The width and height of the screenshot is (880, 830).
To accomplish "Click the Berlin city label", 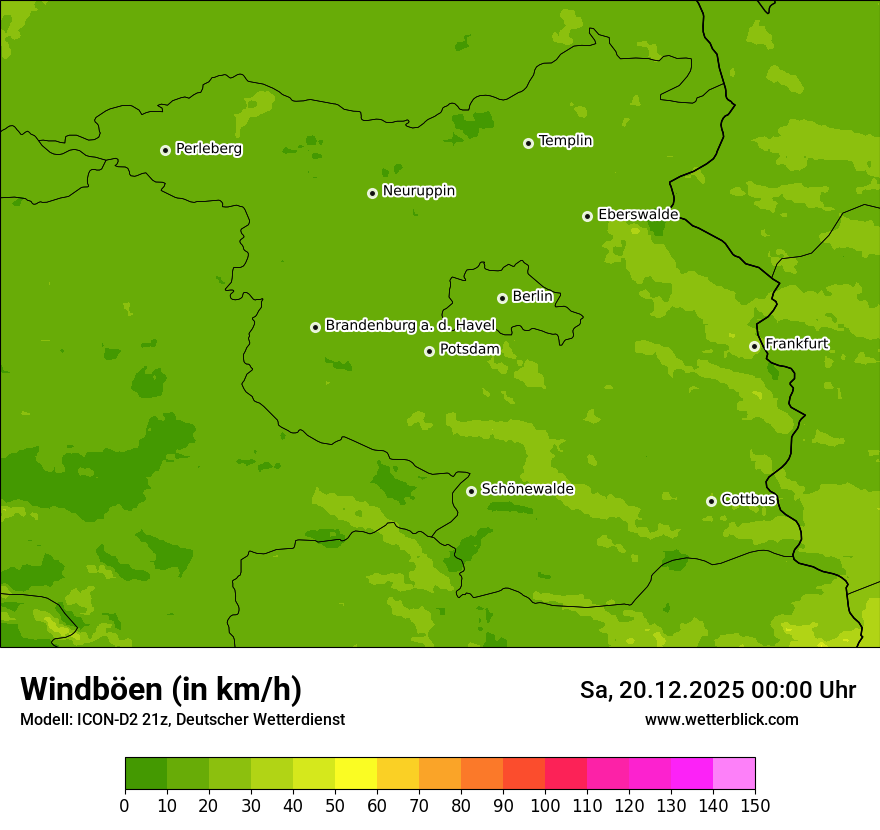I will click(532, 296).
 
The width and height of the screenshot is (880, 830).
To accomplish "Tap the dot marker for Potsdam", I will click(429, 351).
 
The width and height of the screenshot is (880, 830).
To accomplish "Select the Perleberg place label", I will click(208, 149).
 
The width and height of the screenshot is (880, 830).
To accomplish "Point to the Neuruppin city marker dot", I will click(372, 193).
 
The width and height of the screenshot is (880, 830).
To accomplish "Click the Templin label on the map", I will click(565, 141).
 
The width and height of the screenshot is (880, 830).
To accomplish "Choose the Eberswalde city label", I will click(638, 214).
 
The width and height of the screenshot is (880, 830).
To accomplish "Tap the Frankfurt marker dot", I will click(754, 346).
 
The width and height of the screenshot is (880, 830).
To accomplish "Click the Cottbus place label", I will click(748, 499).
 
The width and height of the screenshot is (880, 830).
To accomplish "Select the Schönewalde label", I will click(527, 489).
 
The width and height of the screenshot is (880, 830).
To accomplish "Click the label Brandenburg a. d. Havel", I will click(410, 325).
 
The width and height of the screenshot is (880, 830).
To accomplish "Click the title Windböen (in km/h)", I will click(161, 689).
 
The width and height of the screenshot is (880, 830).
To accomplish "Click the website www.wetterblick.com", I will click(721, 719).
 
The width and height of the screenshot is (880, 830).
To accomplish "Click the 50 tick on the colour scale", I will click(335, 805).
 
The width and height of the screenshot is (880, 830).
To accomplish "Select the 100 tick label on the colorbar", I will click(545, 805).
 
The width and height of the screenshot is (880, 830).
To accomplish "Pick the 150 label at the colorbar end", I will click(755, 805).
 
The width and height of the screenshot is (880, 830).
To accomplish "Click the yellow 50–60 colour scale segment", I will click(356, 774).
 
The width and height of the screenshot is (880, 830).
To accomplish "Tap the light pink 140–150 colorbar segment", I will click(734, 774).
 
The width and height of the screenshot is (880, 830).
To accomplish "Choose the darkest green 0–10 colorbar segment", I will click(146, 774).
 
